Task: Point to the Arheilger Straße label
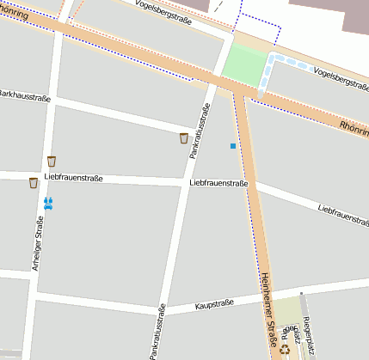click(39, 242)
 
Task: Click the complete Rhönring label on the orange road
click(353, 131)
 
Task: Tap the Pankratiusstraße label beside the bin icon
click(200, 129)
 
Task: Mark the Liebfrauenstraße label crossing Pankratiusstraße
click(218, 183)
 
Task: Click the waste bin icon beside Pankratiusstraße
click(183, 137)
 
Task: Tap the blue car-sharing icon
click(48, 203)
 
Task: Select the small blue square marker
click(232, 146)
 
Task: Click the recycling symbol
click(285, 349)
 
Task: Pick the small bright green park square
click(245, 65)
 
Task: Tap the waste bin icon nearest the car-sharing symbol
click(33, 182)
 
